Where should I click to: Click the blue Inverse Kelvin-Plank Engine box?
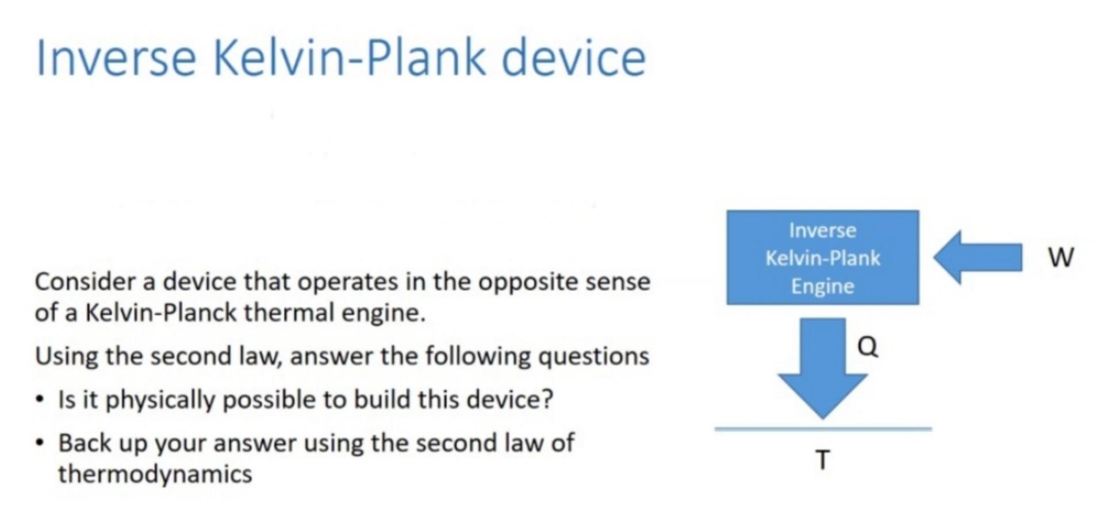tap(822, 257)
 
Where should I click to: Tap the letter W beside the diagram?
tap(1060, 257)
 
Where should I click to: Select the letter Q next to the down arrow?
tap(867, 346)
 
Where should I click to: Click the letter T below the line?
tap(823, 460)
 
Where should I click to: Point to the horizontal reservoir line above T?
tap(823, 429)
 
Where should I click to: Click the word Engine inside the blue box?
tap(822, 286)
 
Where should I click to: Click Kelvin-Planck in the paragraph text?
tap(160, 313)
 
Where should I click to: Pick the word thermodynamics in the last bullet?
tap(155, 474)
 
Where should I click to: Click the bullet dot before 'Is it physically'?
tap(39, 399)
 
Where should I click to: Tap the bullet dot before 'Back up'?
tap(39, 443)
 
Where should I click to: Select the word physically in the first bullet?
tap(160, 399)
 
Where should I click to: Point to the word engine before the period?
tap(382, 314)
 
